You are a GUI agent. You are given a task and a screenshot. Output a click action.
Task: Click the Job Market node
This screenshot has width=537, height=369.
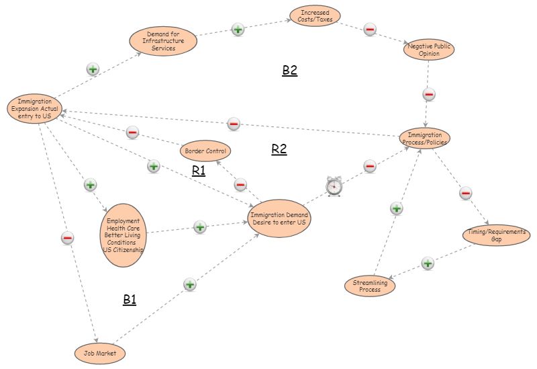pos(99,352)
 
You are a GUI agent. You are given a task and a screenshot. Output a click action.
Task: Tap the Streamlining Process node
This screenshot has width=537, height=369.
pos(370,286)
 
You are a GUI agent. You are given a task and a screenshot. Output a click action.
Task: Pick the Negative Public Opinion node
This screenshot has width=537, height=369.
pos(429,50)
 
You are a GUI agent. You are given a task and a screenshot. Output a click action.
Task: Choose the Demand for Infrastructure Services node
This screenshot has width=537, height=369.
pos(163,41)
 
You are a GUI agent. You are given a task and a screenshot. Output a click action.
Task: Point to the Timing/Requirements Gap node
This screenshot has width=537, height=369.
pos(497,236)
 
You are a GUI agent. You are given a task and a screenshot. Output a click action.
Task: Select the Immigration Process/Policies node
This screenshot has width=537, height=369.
pos(424,138)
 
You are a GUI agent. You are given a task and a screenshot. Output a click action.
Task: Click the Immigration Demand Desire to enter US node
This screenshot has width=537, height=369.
pos(279,218)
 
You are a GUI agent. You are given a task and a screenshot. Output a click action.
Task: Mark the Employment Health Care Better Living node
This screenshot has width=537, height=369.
pos(125,236)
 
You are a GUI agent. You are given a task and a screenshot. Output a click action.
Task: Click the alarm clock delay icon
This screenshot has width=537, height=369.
pos(334,188)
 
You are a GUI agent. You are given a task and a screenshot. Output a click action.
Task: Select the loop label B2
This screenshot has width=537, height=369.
pos(289,71)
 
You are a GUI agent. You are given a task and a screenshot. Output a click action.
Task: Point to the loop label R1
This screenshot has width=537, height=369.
pos(199,171)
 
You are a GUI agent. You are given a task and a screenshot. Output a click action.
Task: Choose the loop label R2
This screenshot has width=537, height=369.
pos(279,149)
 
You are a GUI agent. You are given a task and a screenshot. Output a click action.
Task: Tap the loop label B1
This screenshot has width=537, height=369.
pos(130,300)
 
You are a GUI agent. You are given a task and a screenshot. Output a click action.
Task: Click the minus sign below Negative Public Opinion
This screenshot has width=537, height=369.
pos(430,94)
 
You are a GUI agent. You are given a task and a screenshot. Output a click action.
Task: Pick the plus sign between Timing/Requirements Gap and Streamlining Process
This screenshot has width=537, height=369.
pos(428,263)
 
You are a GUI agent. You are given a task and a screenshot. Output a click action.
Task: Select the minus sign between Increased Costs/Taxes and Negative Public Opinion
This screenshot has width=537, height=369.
pos(370,29)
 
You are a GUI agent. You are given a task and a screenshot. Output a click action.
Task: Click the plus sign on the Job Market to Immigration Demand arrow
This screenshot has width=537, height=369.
pos(190,284)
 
